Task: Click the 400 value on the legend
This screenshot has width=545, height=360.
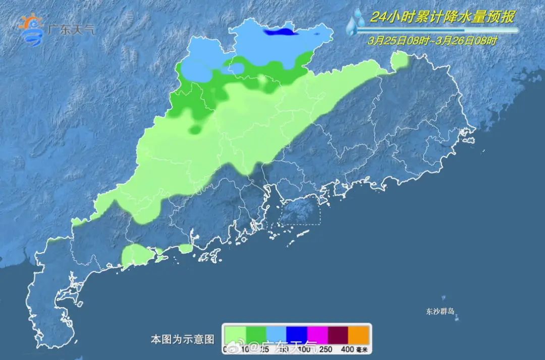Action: [348, 348]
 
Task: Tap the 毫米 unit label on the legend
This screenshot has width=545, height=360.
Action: [363, 348]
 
